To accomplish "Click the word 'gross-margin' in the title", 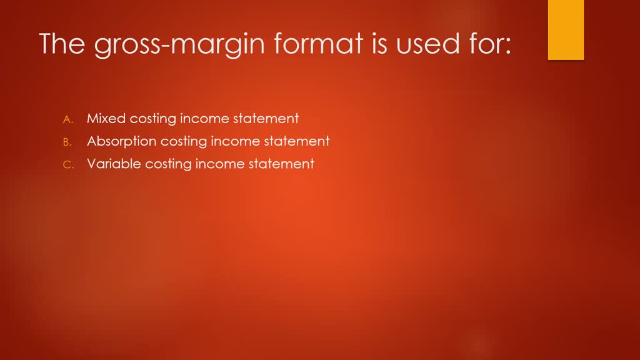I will (167, 44).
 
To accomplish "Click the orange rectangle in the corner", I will (566, 29).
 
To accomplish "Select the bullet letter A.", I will (68, 119).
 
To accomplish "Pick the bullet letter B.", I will (68, 142).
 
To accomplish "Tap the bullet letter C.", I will (68, 165).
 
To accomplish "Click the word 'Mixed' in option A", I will (106, 118).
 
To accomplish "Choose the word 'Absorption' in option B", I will (121, 141).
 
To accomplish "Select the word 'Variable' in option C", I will (114, 164).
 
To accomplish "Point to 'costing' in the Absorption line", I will (183, 142).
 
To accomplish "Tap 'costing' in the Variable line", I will (168, 165).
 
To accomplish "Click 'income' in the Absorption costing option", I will (232, 141).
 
